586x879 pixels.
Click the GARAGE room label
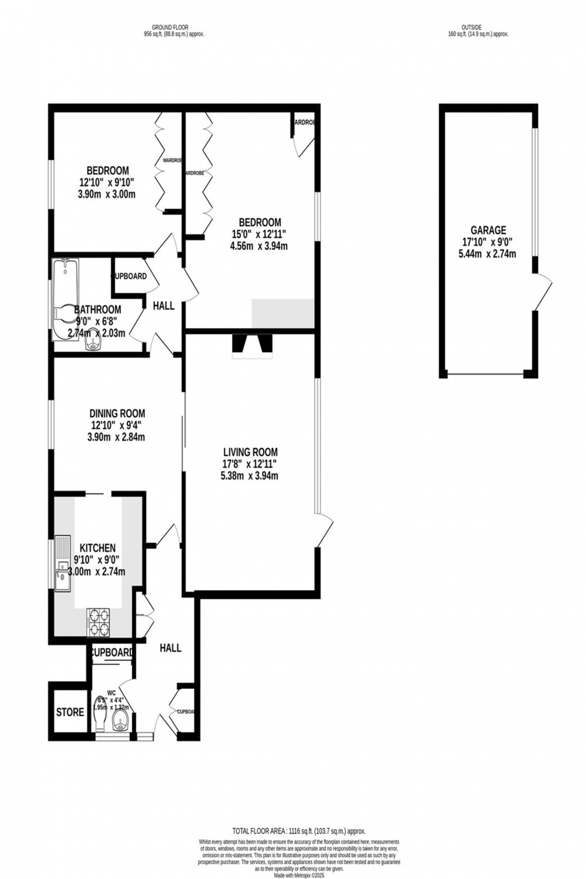(488, 230)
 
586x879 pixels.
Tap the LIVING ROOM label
(250, 452)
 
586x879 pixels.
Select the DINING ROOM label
(117, 413)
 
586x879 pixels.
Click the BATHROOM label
(97, 310)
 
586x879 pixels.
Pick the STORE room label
(70, 712)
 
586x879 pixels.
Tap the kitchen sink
(61, 565)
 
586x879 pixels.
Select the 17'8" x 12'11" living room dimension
(250, 464)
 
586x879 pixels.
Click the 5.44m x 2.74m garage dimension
(488, 254)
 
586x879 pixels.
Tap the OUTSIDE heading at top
(471, 27)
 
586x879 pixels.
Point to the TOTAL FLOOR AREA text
(298, 831)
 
